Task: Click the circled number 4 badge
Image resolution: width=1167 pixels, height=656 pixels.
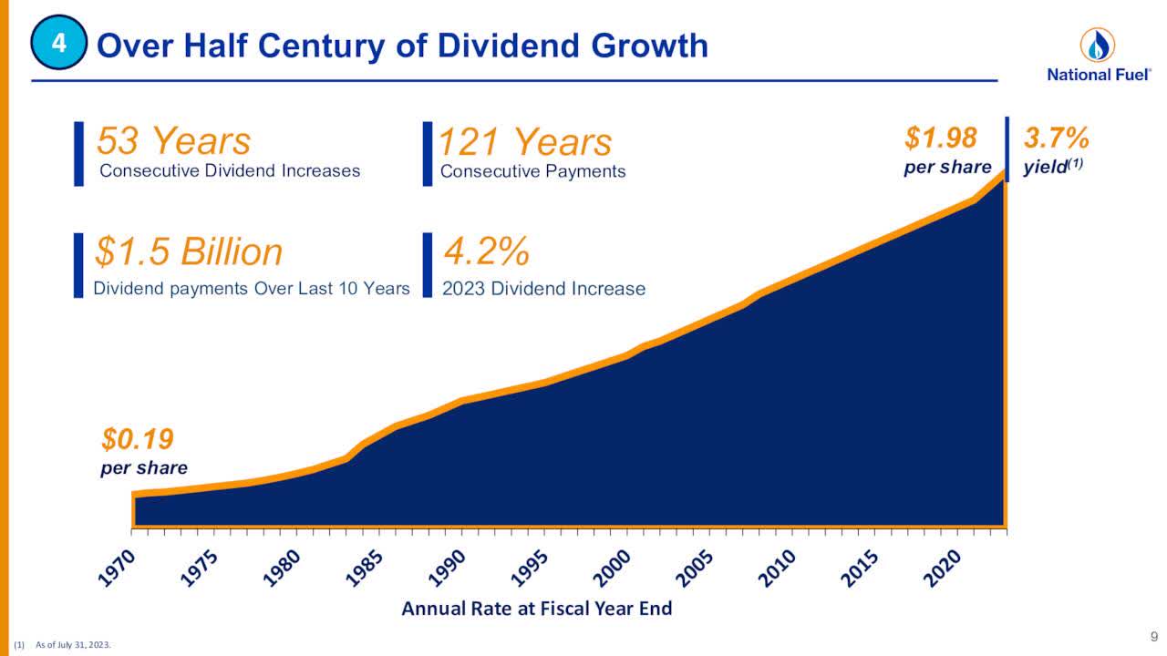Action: pos(58,45)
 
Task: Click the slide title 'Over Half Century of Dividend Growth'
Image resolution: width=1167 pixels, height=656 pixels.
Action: pos(402,46)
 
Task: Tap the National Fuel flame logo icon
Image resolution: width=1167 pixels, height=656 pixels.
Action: pos(1097,45)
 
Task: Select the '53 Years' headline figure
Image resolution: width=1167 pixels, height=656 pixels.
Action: pos(173,141)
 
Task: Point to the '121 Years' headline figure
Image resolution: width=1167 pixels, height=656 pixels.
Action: pos(525,142)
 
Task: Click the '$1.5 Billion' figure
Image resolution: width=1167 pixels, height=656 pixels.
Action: pos(189,252)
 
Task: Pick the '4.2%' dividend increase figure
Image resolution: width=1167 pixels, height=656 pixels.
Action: pos(486,251)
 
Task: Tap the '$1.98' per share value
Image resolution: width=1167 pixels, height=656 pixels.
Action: pos(940,138)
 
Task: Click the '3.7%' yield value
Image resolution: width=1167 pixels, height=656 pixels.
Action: pos(1057,138)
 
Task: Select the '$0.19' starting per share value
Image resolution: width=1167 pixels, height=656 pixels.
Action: pos(137,441)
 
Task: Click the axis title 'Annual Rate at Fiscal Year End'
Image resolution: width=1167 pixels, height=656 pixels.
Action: pos(536,609)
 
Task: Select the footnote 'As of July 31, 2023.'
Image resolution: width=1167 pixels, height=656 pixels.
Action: pos(73,645)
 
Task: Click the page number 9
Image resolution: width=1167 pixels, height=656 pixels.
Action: pos(1153,636)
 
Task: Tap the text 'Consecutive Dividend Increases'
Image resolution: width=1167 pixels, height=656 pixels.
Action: pos(230,171)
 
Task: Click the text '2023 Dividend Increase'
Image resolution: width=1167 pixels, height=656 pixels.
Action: pos(543,289)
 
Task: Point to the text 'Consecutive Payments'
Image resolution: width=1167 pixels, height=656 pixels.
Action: pos(532,171)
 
